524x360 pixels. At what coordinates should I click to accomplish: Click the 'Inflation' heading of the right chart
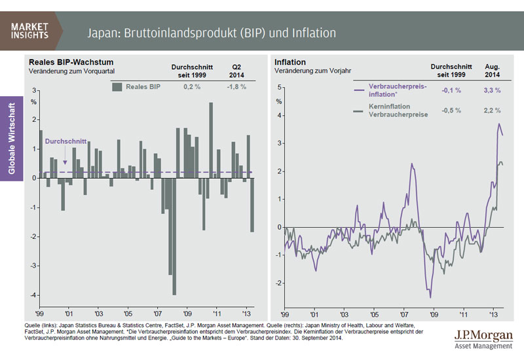tap(290, 62)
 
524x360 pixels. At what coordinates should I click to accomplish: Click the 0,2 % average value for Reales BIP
tap(191, 86)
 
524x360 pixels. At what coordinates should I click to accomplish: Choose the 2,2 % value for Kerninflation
tap(492, 110)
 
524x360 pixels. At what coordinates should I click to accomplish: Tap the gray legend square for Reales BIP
tap(117, 86)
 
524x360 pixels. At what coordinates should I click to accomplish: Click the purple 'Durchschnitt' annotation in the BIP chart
tap(64, 141)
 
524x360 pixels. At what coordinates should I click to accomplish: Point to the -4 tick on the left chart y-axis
tap(35, 296)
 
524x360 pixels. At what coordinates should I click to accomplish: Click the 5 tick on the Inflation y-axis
tap(280, 87)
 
